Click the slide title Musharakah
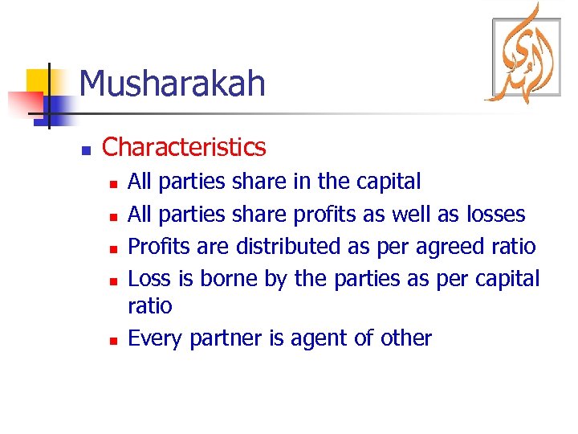(172, 84)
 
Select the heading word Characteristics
(184, 147)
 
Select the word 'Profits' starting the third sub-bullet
(154, 246)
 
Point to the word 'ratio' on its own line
(150, 306)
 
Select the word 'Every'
(156, 339)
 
